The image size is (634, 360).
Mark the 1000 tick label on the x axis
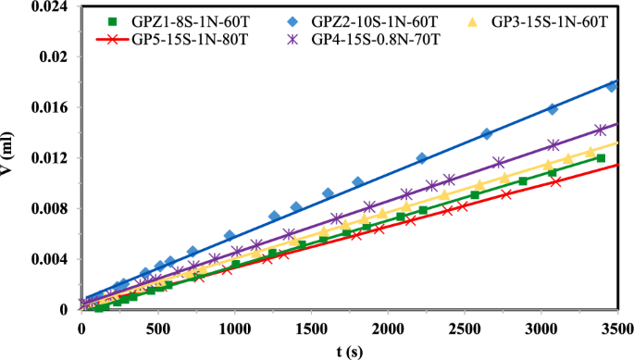click(x=235, y=328)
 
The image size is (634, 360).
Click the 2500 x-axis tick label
click(x=466, y=328)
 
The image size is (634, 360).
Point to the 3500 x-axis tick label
click(x=618, y=328)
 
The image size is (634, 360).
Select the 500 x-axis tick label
click(x=159, y=328)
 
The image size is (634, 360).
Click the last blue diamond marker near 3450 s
click(x=611, y=86)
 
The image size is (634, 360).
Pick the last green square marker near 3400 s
click(x=601, y=158)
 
